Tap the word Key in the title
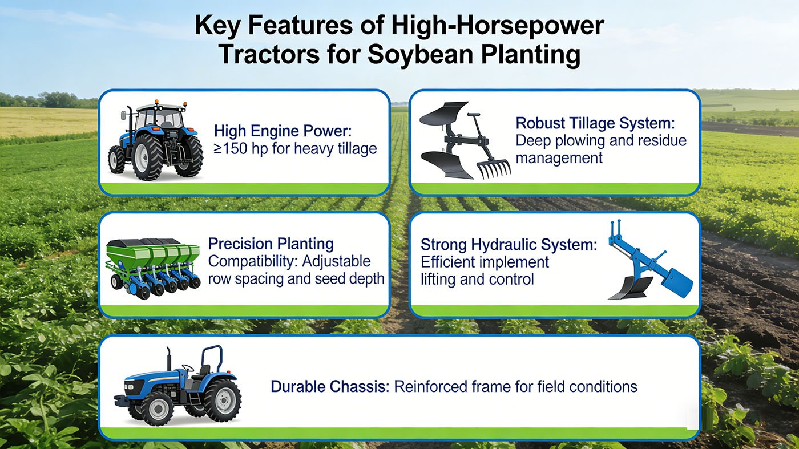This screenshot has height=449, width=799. click(217, 26)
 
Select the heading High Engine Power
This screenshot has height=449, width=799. click(283, 131)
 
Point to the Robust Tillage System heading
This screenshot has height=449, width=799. click(595, 123)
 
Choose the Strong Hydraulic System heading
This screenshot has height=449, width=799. click(509, 245)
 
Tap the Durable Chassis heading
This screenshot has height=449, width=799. click(330, 387)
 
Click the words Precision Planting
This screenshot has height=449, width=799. click(271, 244)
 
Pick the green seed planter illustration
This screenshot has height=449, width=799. click(153, 268)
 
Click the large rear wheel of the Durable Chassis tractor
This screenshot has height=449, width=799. click(223, 400)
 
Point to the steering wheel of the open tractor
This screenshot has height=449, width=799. click(188, 367)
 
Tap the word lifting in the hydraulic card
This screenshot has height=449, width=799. click(438, 279)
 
